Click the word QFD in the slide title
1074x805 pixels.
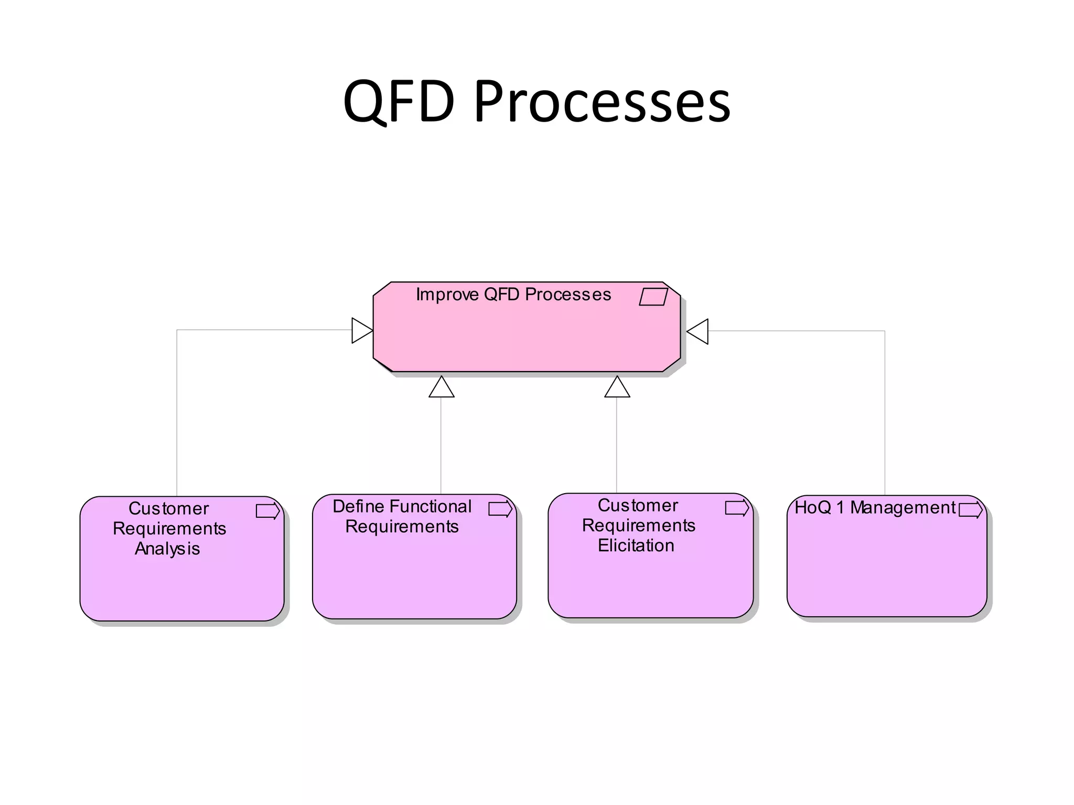coord(399,101)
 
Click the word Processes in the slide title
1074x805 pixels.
coord(602,101)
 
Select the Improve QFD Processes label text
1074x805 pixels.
coord(513,295)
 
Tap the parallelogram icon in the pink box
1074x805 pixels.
coord(653,297)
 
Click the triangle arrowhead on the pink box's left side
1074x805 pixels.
coord(361,331)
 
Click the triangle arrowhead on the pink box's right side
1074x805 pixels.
coord(698,332)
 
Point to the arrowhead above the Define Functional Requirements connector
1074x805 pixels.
coord(442,387)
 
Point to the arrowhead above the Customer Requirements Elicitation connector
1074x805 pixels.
coord(617,387)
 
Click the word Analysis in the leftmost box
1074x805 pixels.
coord(167,549)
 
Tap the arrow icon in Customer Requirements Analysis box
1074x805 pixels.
coord(268,511)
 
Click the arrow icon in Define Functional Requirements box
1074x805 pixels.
coord(500,509)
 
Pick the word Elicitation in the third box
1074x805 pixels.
coord(636,546)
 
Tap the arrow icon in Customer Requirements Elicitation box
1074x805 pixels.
coord(737,508)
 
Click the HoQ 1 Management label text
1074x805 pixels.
coord(875,508)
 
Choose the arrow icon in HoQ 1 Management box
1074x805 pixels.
coord(971,510)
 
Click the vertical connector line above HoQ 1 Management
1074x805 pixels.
coord(885,414)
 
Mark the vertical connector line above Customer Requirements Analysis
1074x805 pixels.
coord(177,414)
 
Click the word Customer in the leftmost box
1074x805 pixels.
coord(169,508)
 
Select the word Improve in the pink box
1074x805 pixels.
coord(447,295)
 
